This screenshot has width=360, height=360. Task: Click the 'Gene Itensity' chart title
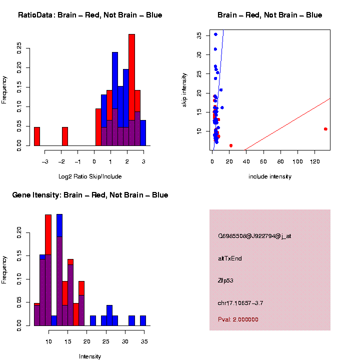pos(90,195)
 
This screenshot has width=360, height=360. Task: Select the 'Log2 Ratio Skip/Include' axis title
pos(90,176)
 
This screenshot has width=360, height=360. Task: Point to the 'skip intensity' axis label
pos(184,89)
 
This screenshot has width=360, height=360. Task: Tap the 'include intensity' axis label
pos(270,176)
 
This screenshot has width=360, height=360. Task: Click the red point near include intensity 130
pos(325,129)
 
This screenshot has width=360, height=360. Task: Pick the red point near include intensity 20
pos(231,145)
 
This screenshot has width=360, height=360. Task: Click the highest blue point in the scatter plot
pos(215,34)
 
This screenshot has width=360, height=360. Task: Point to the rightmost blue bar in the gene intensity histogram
pos(143,320)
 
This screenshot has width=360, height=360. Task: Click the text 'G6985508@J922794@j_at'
pos(254,236)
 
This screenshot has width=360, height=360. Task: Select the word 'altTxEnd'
pos(230,258)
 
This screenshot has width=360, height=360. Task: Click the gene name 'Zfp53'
pos(225,281)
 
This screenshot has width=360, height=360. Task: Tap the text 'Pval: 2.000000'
pos(238,319)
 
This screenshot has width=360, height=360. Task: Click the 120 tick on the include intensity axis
pos(314,162)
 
